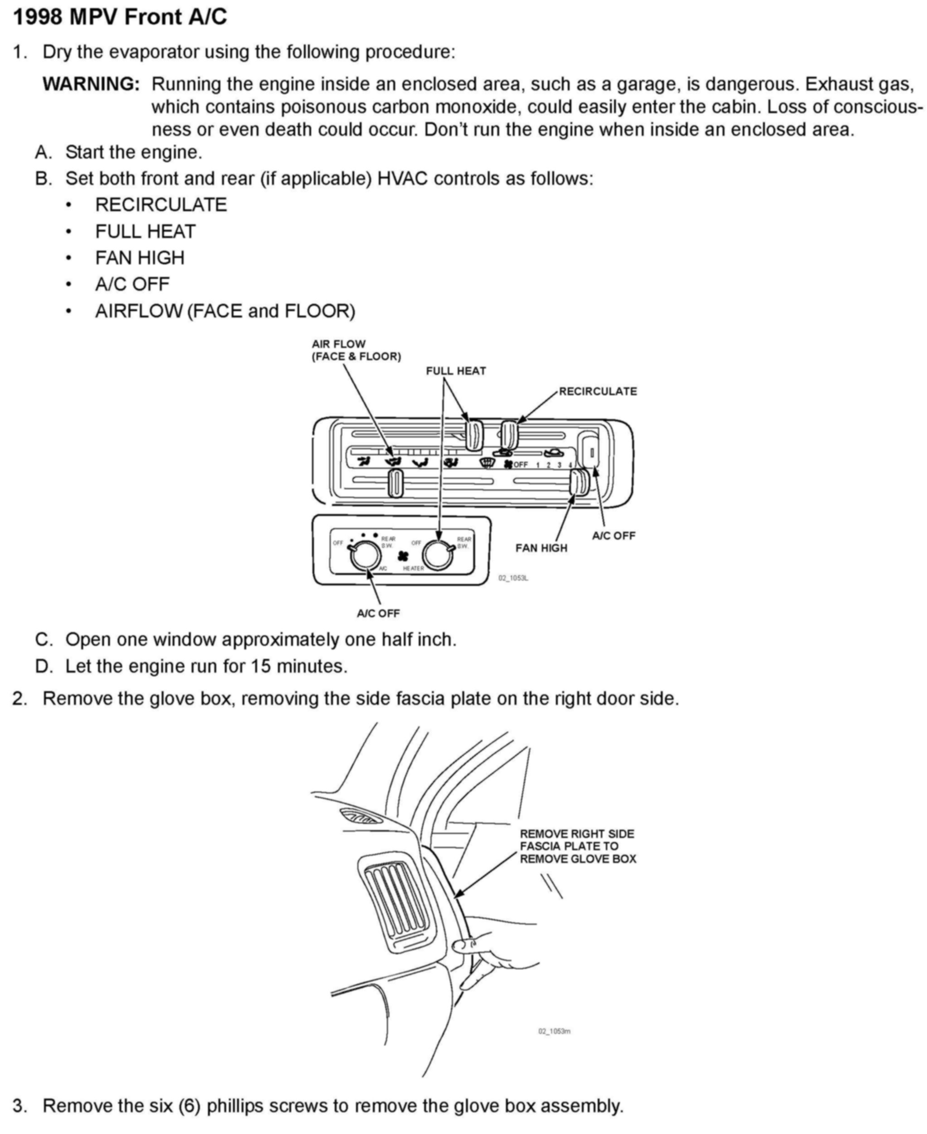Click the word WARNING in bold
(x=91, y=84)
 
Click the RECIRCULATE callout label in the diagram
(x=598, y=391)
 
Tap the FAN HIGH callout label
(x=541, y=548)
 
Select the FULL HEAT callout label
(x=456, y=371)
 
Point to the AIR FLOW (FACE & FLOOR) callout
(x=356, y=350)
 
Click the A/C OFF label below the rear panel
(x=378, y=614)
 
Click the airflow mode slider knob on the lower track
(x=395, y=482)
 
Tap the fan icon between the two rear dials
(x=404, y=556)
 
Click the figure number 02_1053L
(x=513, y=578)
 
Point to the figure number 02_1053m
(x=554, y=1031)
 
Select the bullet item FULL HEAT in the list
(x=145, y=231)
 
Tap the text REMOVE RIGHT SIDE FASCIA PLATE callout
(x=578, y=846)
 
